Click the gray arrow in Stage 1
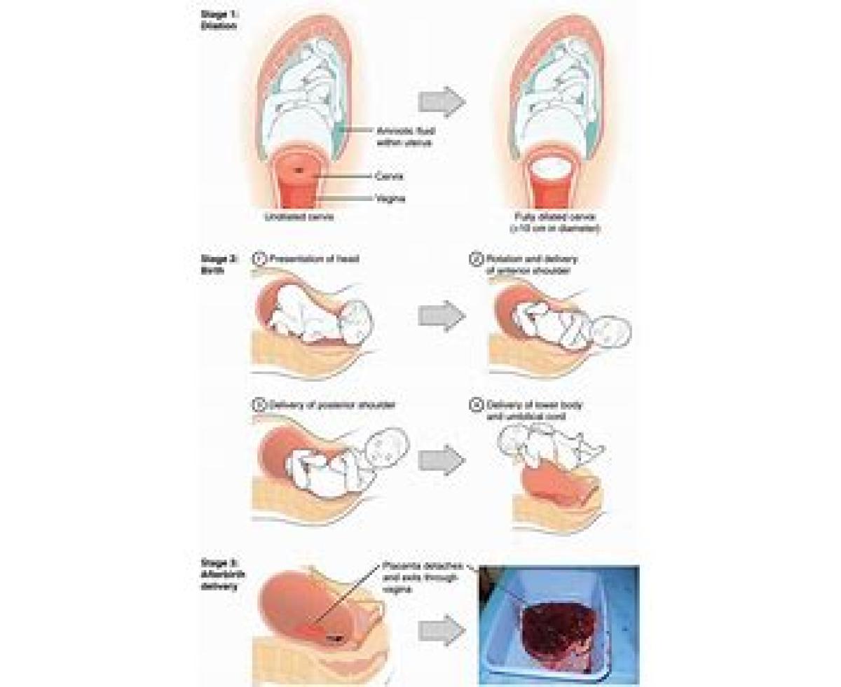click(x=442, y=102)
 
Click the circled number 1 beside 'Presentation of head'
click(x=257, y=259)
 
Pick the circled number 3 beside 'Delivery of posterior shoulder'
click(x=257, y=404)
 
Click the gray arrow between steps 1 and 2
click(x=442, y=317)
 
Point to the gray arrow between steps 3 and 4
click(x=442, y=461)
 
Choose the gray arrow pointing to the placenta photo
click(x=442, y=631)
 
